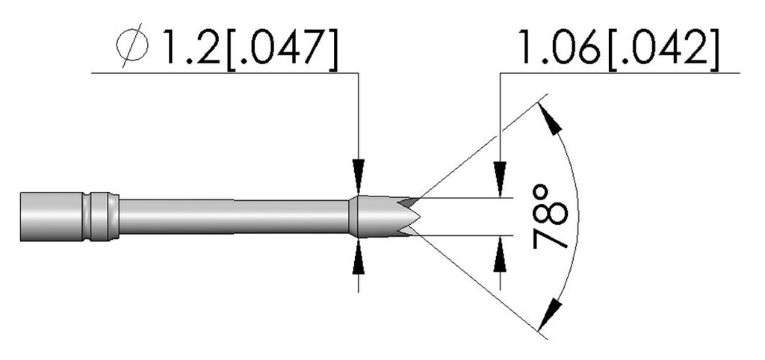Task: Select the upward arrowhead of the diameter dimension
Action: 359,257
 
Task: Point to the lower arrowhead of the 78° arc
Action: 551,308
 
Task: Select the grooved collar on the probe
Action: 102,217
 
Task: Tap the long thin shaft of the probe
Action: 232,217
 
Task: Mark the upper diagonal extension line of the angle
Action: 478,149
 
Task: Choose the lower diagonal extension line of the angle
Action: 478,282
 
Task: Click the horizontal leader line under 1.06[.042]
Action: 620,72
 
